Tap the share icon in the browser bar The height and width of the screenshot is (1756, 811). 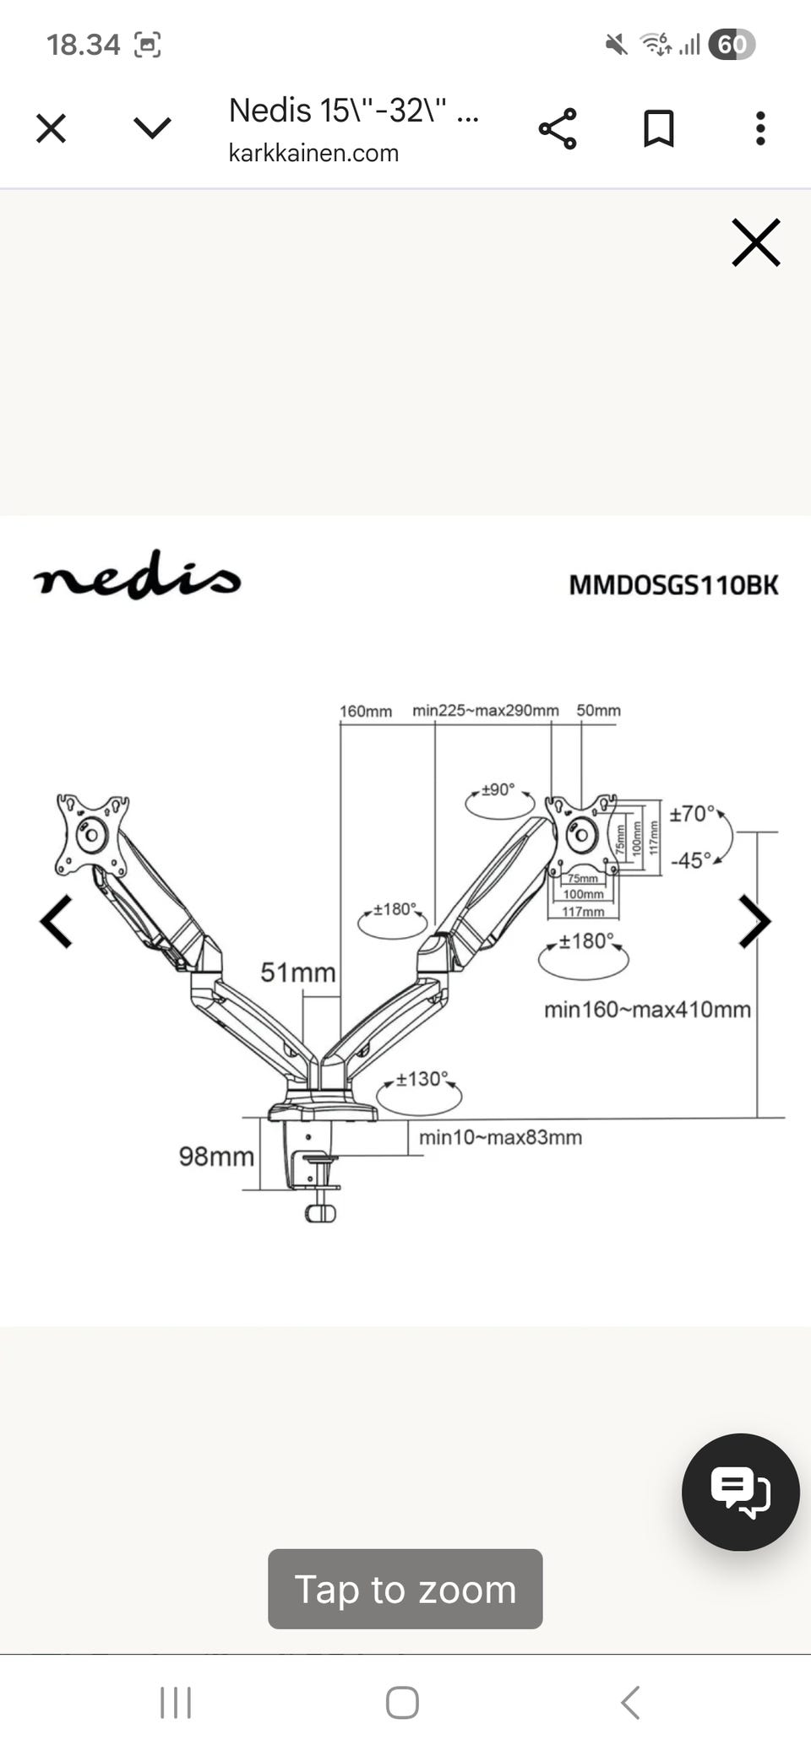coord(558,129)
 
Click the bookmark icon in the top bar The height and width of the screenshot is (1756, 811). coord(658,129)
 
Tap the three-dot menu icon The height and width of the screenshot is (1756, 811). coord(760,129)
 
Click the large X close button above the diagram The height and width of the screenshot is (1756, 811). coord(755,243)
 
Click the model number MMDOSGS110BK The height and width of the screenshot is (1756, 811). coord(673,585)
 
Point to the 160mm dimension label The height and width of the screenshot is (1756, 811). coord(366,711)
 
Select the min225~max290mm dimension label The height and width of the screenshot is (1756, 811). coord(486,710)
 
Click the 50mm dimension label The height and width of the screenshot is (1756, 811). coord(598,710)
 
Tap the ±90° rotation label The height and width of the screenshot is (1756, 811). coord(498,789)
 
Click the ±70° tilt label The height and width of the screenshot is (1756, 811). coord(692,814)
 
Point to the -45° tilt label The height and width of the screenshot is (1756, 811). coord(691,860)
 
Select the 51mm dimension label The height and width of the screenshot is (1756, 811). coord(297,973)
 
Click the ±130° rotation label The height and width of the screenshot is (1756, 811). coord(421,1079)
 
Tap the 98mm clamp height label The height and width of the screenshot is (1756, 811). coord(216,1156)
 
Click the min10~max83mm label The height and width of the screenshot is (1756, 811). coord(500,1137)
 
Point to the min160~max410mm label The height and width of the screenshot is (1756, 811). coord(647,1009)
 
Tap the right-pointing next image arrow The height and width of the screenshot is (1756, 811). coord(754,921)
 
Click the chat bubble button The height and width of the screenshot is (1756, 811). coord(740,1492)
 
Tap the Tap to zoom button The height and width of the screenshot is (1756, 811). coord(405,1589)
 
